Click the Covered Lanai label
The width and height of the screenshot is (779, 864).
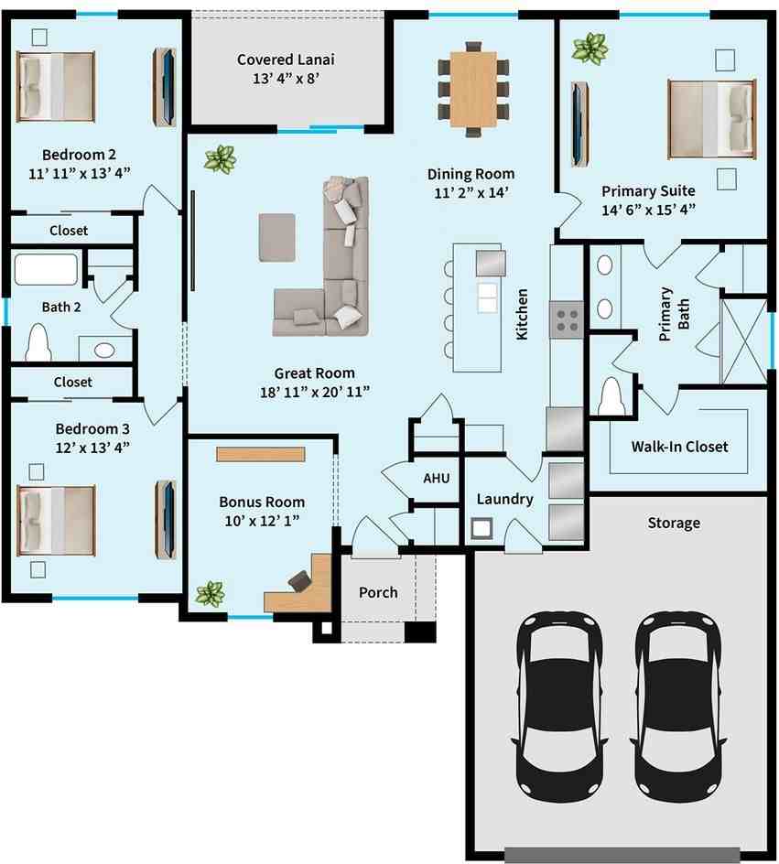coord(286,59)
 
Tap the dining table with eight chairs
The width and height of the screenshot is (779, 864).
coord(473,90)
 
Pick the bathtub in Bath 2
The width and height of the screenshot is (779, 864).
coord(46,270)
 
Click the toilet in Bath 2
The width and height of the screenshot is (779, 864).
coord(38,343)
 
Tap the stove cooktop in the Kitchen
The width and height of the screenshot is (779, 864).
coord(567,319)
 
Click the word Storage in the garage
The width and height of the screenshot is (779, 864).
coord(674,523)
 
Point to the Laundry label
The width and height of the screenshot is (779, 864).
coord(504,499)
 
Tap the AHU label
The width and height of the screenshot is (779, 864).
coord(435,478)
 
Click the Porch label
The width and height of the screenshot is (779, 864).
coord(378,592)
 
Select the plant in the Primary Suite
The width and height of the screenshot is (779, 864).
coord(590,48)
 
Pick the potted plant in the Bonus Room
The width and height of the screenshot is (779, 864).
coord(210,594)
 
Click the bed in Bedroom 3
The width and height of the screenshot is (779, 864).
coord(57,520)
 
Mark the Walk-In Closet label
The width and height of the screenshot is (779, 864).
coord(679,447)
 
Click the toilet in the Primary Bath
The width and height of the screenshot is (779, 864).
coord(611,398)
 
